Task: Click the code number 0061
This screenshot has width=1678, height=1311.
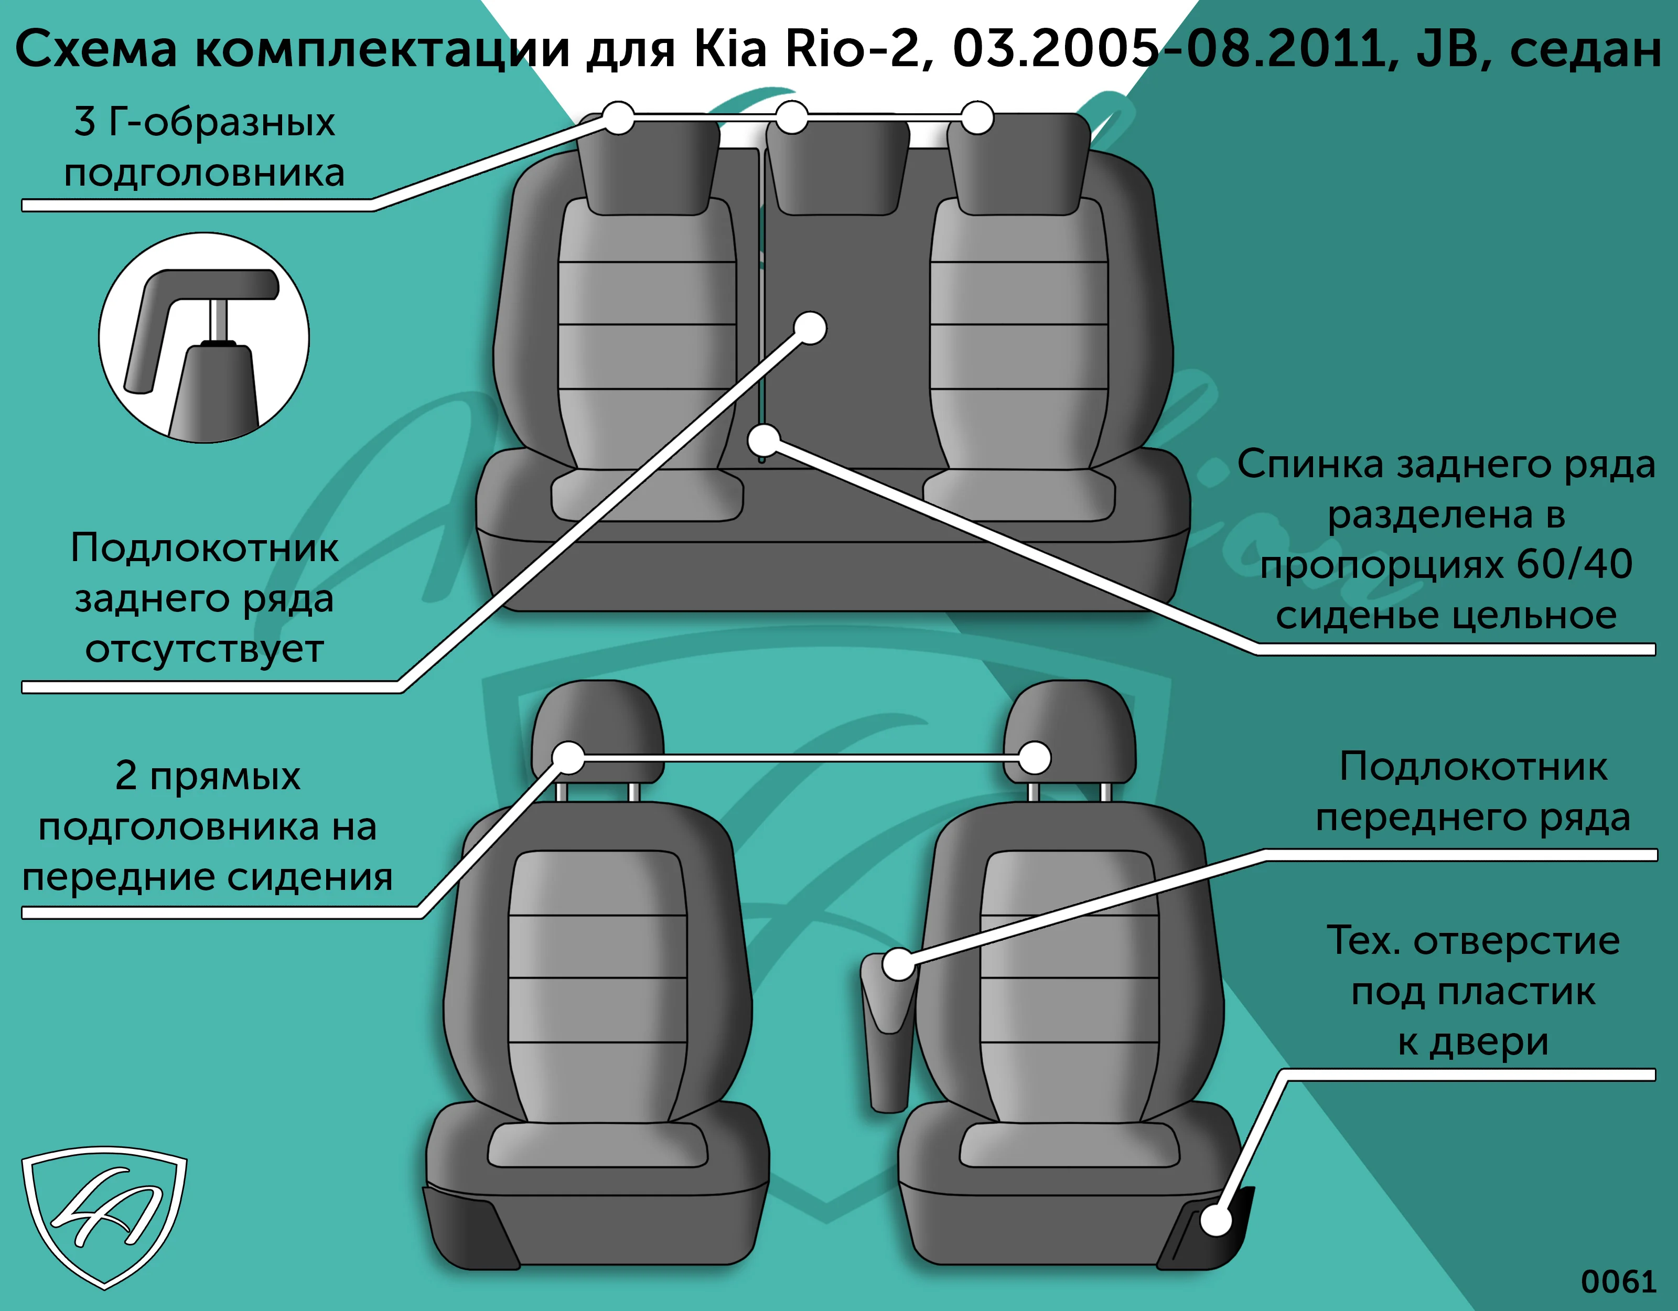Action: click(x=1618, y=1282)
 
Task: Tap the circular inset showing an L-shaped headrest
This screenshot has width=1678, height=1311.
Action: click(x=203, y=338)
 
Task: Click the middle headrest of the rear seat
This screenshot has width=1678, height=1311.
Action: click(x=837, y=165)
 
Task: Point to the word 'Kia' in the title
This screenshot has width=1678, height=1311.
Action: click(x=730, y=48)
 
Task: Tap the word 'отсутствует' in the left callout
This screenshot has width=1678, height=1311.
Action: click(x=205, y=649)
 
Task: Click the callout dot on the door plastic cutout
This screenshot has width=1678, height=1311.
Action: click(x=1216, y=1220)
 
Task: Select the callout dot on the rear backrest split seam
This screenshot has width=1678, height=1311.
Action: click(x=763, y=440)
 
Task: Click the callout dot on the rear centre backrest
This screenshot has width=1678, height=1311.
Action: click(x=810, y=328)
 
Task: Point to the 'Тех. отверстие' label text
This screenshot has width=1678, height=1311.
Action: click(x=1473, y=941)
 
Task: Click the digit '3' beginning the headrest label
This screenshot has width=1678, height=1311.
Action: click(x=84, y=122)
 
